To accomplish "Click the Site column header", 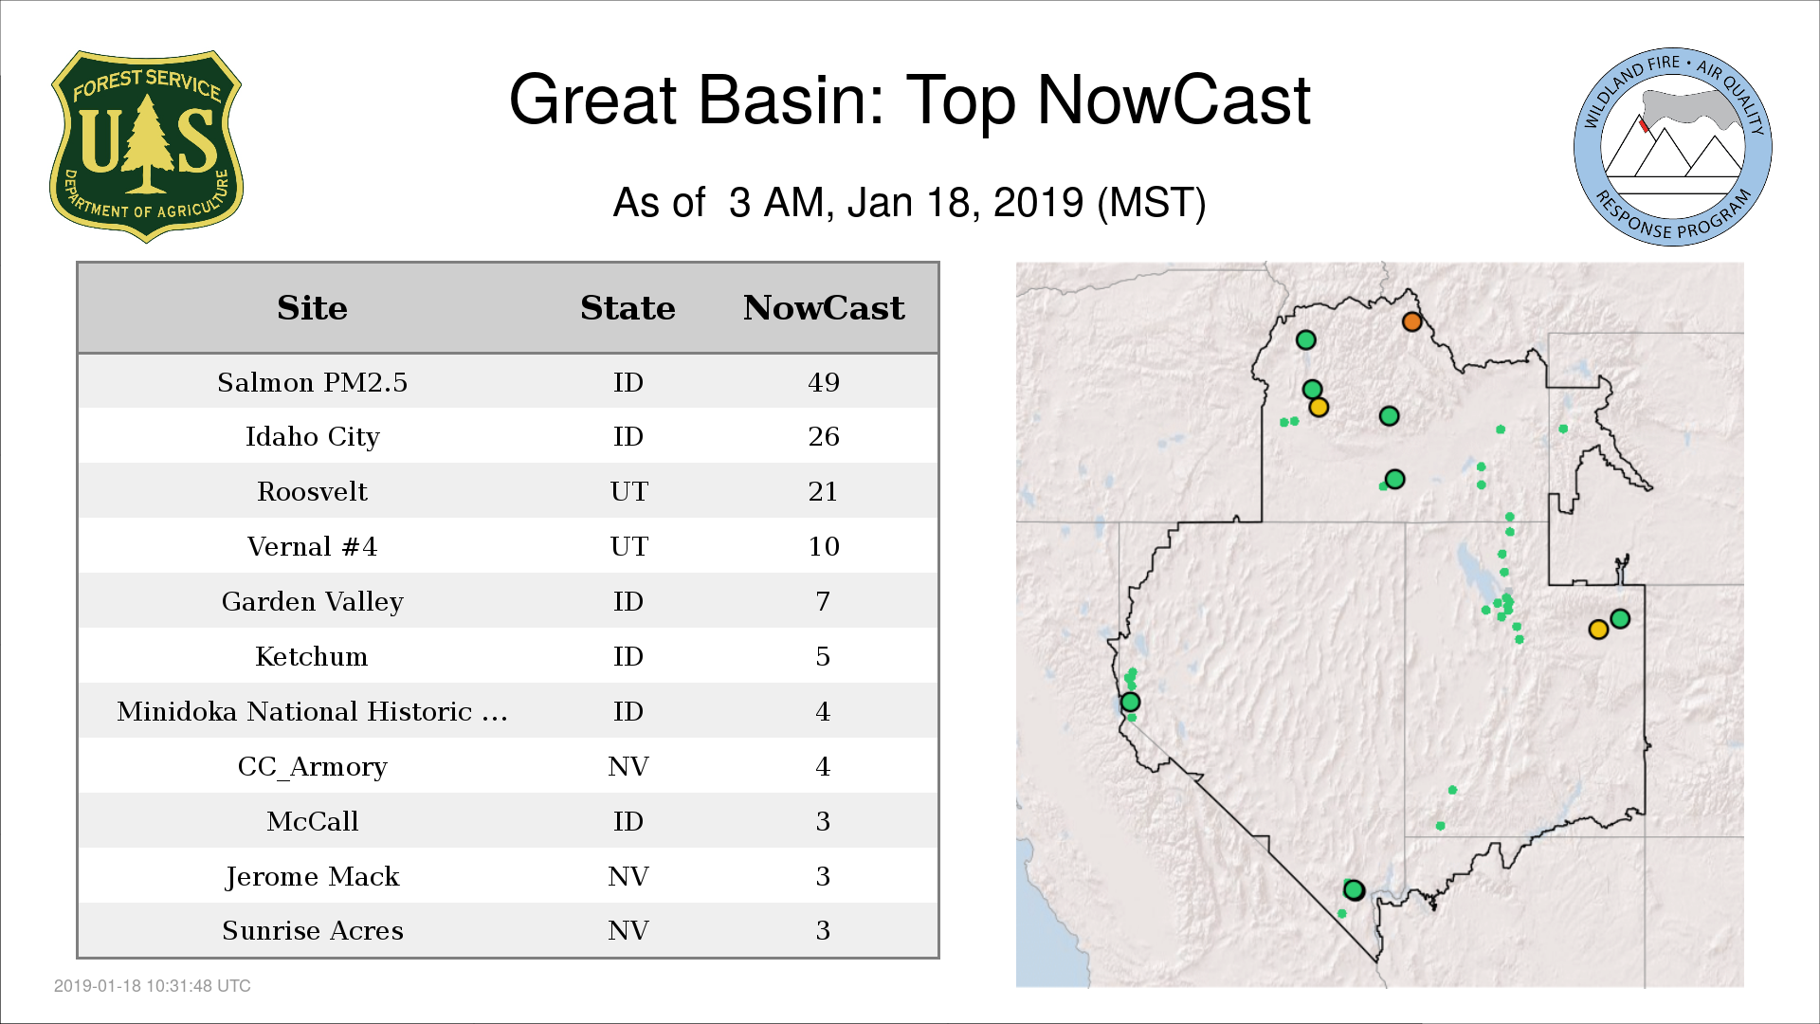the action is point(312,308).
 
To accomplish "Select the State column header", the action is point(628,308).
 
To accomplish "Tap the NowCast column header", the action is point(824,308).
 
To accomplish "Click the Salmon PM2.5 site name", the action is point(312,382).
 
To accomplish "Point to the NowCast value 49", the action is point(824,382).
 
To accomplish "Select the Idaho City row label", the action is point(312,437).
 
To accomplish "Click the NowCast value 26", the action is point(824,436).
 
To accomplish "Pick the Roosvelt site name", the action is point(312,491).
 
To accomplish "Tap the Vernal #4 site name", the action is point(312,546).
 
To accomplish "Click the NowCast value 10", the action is point(824,546).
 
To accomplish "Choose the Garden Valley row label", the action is point(312,602).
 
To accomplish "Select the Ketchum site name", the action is point(312,656).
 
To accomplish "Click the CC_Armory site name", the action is point(312,767).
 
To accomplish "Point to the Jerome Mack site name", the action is point(312,877).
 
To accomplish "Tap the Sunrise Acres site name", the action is point(312,931).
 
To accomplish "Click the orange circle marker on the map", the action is point(1411,322).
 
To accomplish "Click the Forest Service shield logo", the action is point(146,147).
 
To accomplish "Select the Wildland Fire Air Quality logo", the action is point(1672,147).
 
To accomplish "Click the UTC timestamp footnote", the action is point(153,986).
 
